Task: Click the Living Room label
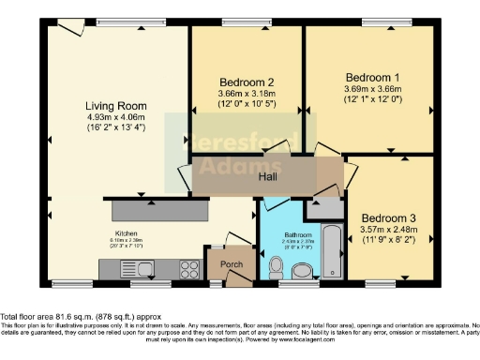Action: pyautogui.click(x=112, y=106)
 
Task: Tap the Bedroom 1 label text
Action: pyautogui.click(x=372, y=77)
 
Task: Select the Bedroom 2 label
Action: pyautogui.click(x=246, y=82)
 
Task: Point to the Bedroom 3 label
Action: pyautogui.click(x=389, y=217)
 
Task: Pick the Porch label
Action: pyautogui.click(x=231, y=264)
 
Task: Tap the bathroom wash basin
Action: pyautogui.click(x=303, y=273)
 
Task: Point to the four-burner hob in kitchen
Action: pyautogui.click(x=188, y=269)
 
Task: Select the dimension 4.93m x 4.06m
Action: pyautogui.click(x=112, y=118)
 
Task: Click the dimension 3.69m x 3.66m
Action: pyautogui.click(x=372, y=89)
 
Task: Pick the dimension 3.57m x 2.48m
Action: pyautogui.click(x=389, y=229)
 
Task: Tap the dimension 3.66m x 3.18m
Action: pyautogui.click(x=246, y=93)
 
